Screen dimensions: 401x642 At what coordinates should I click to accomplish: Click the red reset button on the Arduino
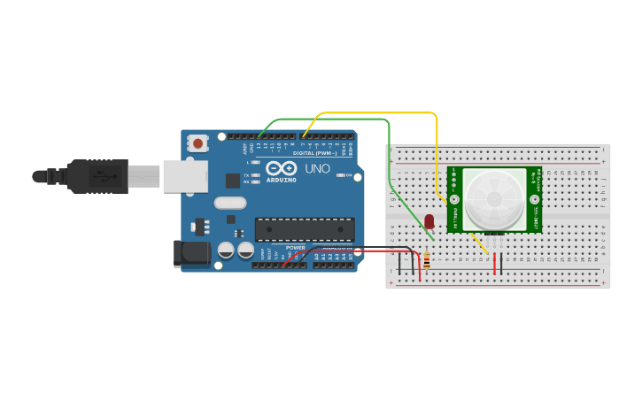coord(197,143)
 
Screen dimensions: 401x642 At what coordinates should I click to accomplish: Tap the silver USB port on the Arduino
coord(184,176)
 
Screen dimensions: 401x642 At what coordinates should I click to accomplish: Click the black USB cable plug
coord(97,176)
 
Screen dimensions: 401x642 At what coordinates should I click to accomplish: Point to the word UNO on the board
coord(317,168)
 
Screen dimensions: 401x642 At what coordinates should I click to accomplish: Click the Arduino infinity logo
coord(281,167)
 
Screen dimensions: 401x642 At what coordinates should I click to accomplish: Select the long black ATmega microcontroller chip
coord(305,229)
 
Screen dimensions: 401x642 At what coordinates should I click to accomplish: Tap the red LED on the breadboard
coord(429,220)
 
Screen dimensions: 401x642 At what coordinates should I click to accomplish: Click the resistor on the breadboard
coord(426,260)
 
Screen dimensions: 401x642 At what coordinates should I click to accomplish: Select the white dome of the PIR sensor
coord(495,197)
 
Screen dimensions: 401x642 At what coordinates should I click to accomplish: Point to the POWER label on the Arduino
coord(295,247)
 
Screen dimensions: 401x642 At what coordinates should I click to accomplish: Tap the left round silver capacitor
coord(226,251)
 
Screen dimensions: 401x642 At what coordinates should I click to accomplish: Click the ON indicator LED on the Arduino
coord(342,175)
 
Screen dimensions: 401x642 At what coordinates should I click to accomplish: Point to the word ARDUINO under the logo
coord(281,178)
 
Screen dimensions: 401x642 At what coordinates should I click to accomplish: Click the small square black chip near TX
coord(232,181)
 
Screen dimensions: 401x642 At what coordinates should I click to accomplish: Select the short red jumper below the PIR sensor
coord(495,263)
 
